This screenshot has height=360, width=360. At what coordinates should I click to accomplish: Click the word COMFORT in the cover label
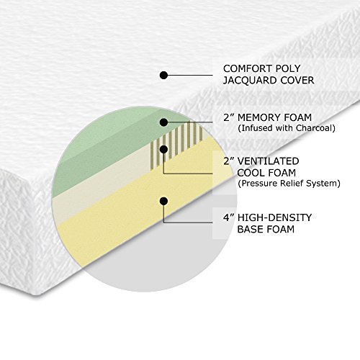(247, 68)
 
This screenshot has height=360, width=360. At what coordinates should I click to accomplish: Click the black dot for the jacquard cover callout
(163, 75)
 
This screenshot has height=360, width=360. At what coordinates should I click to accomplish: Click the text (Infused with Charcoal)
(287, 128)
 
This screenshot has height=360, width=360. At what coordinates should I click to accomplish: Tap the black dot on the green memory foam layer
(163, 122)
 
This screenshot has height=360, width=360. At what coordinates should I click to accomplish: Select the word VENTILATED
(268, 161)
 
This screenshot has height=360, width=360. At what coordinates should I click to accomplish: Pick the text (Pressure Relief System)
(289, 184)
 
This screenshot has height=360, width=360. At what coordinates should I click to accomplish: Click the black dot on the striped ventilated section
(163, 150)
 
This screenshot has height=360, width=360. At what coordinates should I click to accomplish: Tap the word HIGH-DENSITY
(274, 217)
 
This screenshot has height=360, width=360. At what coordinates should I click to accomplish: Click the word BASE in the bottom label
(251, 230)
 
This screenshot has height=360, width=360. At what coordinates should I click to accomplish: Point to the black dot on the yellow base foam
(163, 201)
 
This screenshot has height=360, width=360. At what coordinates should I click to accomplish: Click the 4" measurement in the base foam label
(229, 217)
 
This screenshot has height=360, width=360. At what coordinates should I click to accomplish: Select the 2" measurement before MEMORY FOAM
(229, 117)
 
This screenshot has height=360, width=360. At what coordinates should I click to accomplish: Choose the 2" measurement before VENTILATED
(229, 161)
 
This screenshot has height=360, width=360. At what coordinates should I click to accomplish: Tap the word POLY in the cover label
(288, 68)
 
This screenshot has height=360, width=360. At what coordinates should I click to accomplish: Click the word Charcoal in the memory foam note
(315, 128)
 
